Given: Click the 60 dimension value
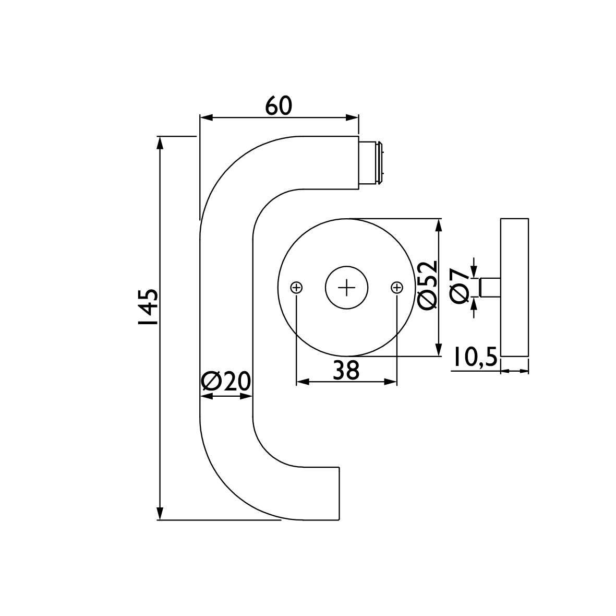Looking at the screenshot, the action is [279, 106].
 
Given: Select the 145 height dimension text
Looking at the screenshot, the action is [148, 307].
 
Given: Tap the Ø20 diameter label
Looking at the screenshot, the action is [225, 381].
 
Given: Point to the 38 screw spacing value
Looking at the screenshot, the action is [346, 370].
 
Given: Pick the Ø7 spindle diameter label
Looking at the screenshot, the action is [461, 286].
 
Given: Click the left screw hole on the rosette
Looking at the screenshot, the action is [296, 288].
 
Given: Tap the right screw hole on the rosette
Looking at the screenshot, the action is [397, 288].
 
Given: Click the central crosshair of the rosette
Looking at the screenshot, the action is [346, 288].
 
